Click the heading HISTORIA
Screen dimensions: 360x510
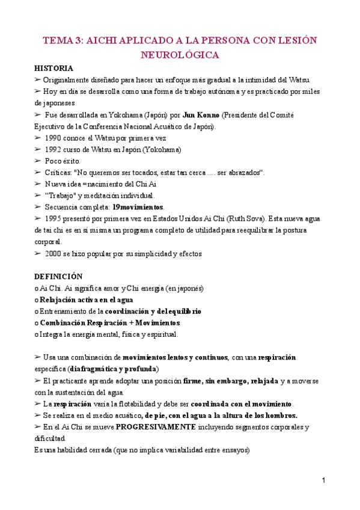click(x=54, y=68)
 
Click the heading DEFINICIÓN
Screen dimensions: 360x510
click(x=58, y=276)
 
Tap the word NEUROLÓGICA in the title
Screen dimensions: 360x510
click(x=180, y=55)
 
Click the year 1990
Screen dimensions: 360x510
click(x=54, y=138)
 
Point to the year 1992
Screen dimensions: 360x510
click(x=54, y=149)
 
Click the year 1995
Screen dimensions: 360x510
click(x=54, y=218)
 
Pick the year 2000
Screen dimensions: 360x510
click(x=54, y=253)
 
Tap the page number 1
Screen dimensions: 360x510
click(x=323, y=481)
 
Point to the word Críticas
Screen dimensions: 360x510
click(x=60, y=173)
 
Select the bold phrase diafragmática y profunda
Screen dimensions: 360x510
click(x=114, y=368)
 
